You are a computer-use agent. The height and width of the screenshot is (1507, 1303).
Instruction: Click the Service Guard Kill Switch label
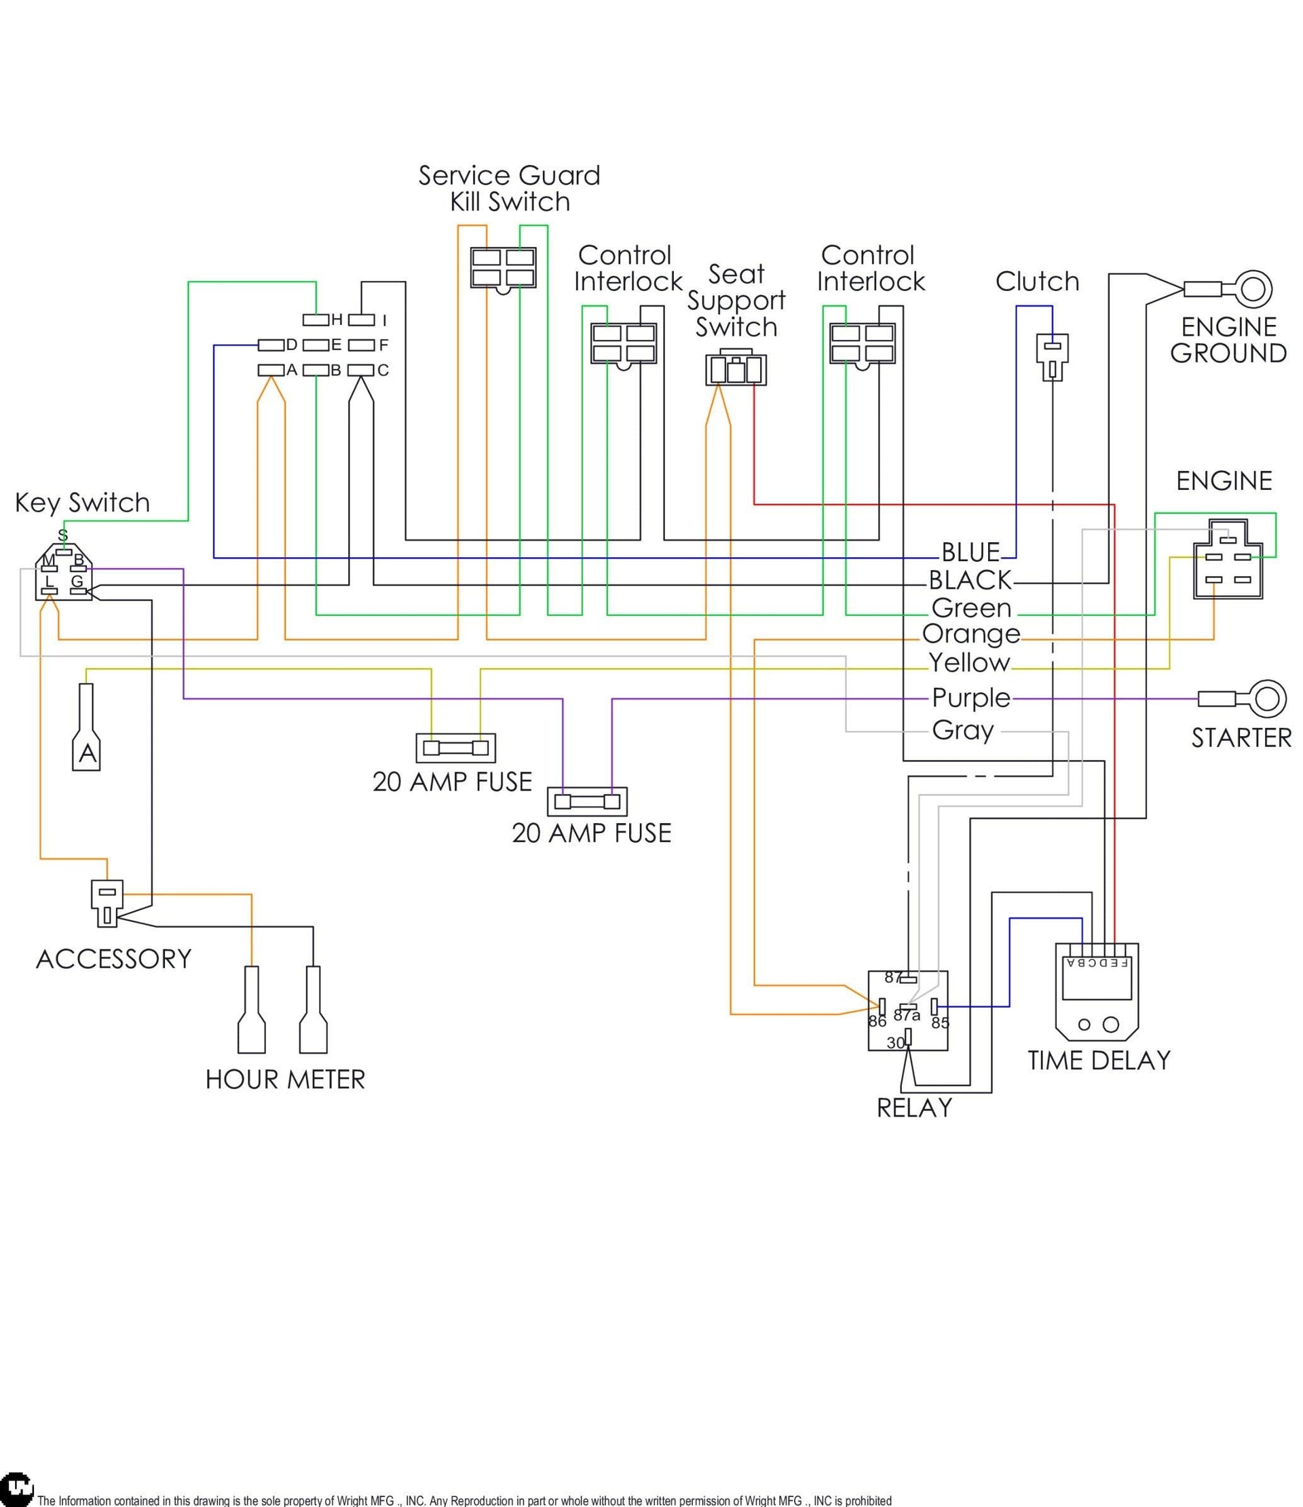pyautogui.click(x=509, y=189)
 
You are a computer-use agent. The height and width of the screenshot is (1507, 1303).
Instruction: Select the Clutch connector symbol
pyautogui.click(x=1053, y=356)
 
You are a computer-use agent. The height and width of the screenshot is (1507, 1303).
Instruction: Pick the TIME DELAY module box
pyautogui.click(x=1097, y=991)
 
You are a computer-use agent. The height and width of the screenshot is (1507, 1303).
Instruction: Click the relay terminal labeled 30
pyautogui.click(x=908, y=1036)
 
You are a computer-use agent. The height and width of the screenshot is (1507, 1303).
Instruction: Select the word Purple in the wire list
pyautogui.click(x=971, y=698)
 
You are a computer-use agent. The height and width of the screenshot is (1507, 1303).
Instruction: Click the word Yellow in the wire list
pyautogui.click(x=969, y=664)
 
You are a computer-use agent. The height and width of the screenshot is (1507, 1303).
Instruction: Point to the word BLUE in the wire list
pyautogui.click(x=970, y=553)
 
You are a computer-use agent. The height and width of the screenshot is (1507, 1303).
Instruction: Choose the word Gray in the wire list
pyautogui.click(x=963, y=730)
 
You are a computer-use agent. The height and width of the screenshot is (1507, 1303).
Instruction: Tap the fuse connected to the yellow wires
pyautogui.click(x=455, y=748)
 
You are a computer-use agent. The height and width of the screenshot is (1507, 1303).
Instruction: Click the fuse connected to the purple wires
pyautogui.click(x=587, y=802)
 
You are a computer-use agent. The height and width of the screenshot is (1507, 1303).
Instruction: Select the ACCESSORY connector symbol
pyautogui.click(x=107, y=902)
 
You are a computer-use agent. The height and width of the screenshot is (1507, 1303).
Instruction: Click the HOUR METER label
pyautogui.click(x=285, y=1080)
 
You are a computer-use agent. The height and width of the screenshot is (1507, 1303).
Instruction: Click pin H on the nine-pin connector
pyautogui.click(x=316, y=320)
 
